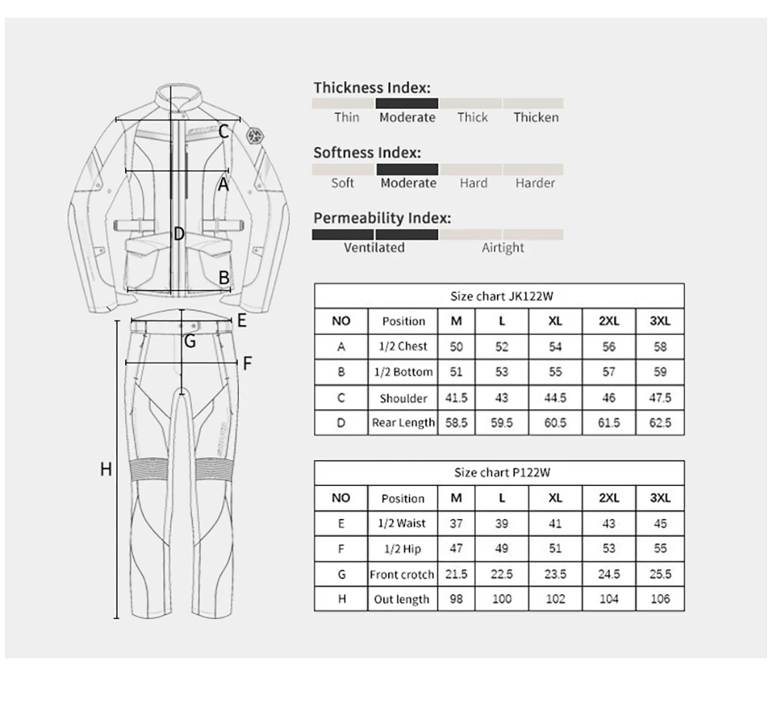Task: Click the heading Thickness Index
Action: tap(371, 87)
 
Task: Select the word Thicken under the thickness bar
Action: tap(536, 118)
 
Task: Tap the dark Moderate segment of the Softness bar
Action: tap(407, 169)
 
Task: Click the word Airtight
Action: tap(502, 248)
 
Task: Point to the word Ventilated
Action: tap(374, 248)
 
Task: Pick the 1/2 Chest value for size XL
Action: tap(555, 347)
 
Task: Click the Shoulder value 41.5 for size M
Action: tap(456, 398)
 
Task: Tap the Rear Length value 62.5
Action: tap(660, 422)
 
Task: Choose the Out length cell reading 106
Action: tap(660, 599)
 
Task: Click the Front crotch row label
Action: tap(402, 575)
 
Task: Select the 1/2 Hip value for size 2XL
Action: tap(609, 548)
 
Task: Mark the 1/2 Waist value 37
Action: tap(456, 524)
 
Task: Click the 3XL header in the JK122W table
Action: tap(660, 321)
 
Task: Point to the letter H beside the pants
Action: tap(107, 469)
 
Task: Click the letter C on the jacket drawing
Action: tap(223, 132)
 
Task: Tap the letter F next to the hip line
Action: tap(247, 362)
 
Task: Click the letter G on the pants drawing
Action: tap(189, 340)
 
